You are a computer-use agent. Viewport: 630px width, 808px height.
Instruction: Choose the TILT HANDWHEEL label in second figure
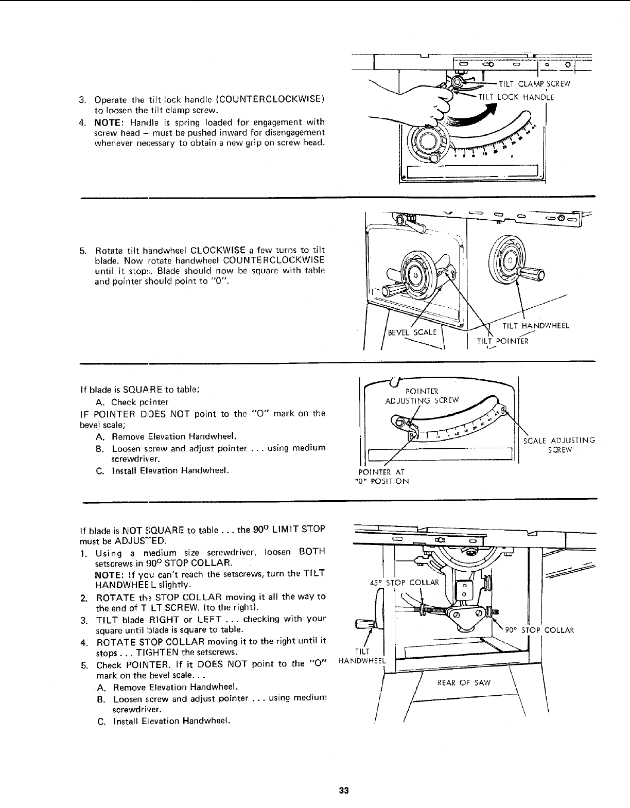click(535, 325)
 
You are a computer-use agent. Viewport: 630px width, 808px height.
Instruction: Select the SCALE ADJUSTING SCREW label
click(559, 445)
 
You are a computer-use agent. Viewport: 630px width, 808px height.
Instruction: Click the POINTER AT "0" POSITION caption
click(382, 477)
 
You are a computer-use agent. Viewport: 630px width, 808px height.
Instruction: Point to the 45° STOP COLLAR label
click(404, 583)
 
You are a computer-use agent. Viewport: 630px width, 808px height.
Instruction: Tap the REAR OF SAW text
click(464, 682)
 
